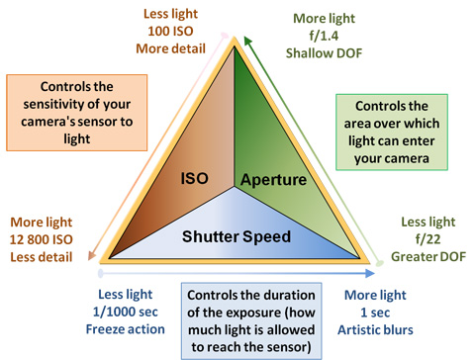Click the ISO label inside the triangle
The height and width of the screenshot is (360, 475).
[200, 179]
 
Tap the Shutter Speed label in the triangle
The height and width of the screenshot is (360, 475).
[237, 236]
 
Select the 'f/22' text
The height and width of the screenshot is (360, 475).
[425, 239]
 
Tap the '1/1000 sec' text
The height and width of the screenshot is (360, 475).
[126, 313]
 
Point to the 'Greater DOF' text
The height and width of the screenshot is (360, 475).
[425, 257]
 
